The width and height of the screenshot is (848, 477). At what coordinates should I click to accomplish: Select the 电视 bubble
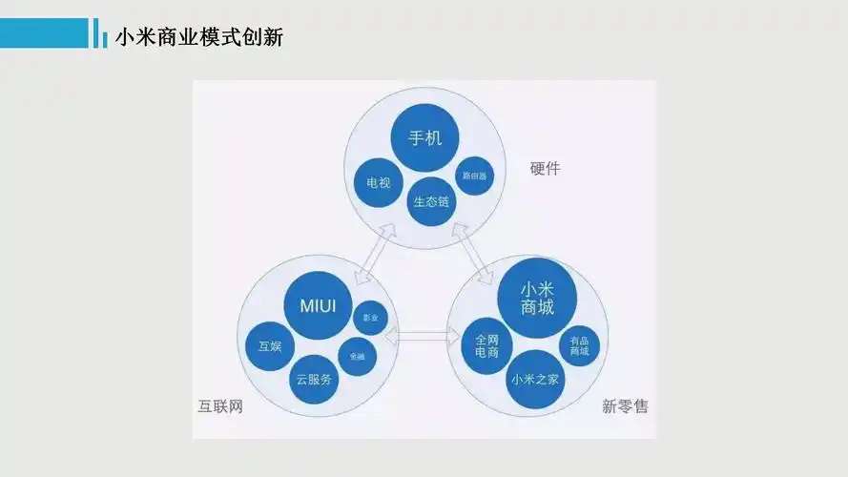(372, 183)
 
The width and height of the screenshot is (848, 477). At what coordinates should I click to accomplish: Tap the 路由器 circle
(474, 176)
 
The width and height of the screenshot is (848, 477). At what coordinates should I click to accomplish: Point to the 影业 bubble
(370, 318)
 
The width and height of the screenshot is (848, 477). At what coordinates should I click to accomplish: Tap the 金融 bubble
(358, 356)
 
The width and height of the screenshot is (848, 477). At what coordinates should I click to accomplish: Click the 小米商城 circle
(537, 298)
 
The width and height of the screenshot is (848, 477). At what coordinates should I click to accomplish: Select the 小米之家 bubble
(535, 380)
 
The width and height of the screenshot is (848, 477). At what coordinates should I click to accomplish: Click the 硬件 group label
(545, 169)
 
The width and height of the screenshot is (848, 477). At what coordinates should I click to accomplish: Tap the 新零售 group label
(625, 407)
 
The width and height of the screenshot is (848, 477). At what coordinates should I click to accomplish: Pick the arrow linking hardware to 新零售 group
(474, 253)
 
